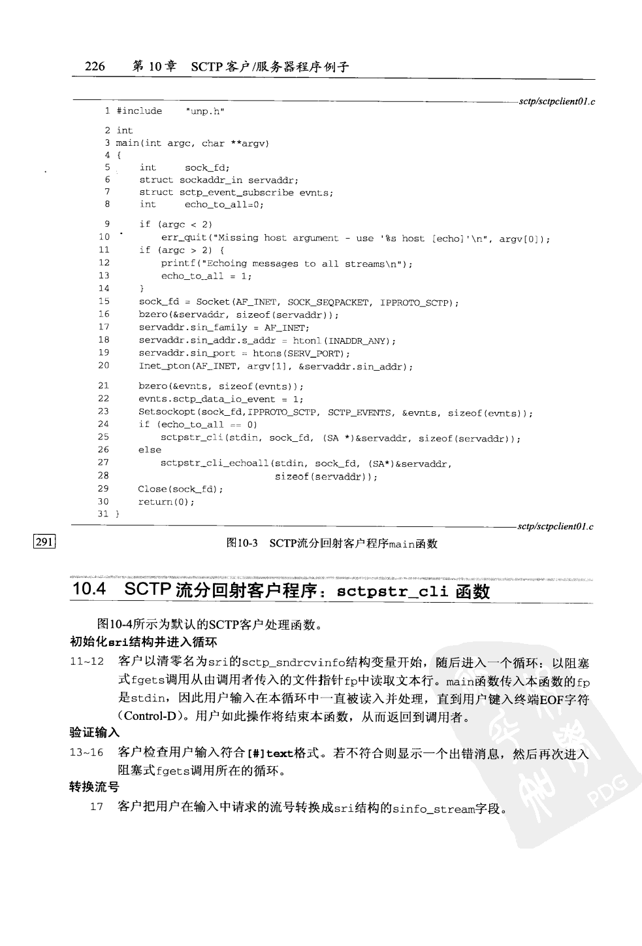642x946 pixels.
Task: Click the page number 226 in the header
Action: pos(95,66)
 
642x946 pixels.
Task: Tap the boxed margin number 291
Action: pos(44,541)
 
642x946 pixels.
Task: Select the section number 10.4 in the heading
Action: pos(89,589)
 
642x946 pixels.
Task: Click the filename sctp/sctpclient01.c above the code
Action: pos(556,101)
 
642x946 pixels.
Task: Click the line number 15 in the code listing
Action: pos(104,301)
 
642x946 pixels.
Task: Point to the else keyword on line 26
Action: pos(150,450)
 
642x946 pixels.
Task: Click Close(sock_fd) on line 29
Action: pos(180,489)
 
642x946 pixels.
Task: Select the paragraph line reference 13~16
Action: pos(87,752)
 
